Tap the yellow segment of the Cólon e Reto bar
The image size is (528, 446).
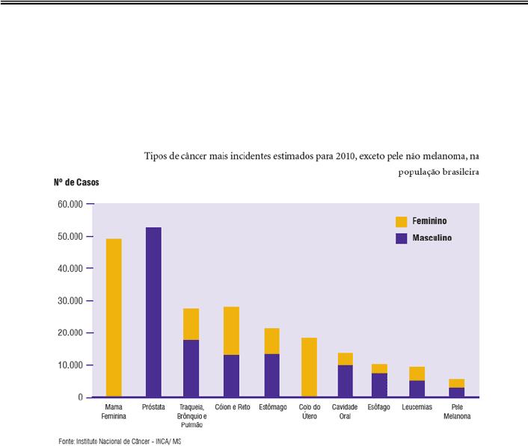(x=230, y=330)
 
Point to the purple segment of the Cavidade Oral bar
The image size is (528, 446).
(x=345, y=381)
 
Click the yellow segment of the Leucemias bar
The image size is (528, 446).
(x=417, y=374)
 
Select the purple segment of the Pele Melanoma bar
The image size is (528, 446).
(x=456, y=392)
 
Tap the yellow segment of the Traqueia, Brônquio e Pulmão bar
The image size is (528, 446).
(x=191, y=324)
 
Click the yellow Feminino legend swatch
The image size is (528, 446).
(x=402, y=222)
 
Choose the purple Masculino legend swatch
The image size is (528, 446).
(x=402, y=238)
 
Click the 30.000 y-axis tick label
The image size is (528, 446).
(x=73, y=301)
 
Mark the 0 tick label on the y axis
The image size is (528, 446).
(x=80, y=397)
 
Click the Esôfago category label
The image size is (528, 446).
(x=379, y=407)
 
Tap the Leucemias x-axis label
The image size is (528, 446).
(x=417, y=407)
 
